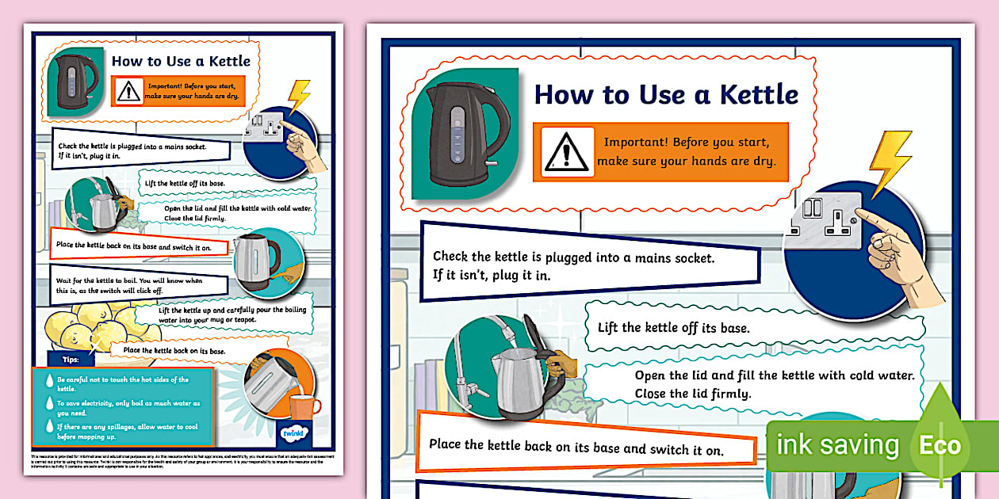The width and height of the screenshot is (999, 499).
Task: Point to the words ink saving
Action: click(837, 445)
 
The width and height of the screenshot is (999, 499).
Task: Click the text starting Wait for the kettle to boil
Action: click(129, 286)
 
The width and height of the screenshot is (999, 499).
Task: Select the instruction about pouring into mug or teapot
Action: click(232, 315)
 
